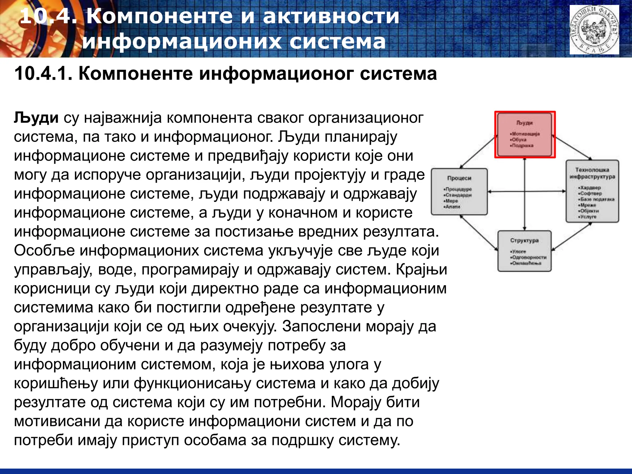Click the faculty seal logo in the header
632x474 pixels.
[594, 30]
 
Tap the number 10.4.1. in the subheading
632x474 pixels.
[44, 74]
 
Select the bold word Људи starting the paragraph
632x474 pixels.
[36, 118]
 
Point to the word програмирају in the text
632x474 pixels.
[190, 270]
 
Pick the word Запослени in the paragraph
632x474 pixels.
[321, 326]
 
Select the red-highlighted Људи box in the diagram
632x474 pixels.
[525, 135]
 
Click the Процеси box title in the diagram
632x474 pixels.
[459, 178]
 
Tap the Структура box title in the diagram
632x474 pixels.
[524, 240]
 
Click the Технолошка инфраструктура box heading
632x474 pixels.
[592, 173]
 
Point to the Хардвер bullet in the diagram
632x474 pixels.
[590, 188]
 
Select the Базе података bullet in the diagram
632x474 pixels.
[597, 199]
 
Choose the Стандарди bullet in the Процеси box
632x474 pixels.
[459, 195]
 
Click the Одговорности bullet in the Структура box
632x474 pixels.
[529, 257]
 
